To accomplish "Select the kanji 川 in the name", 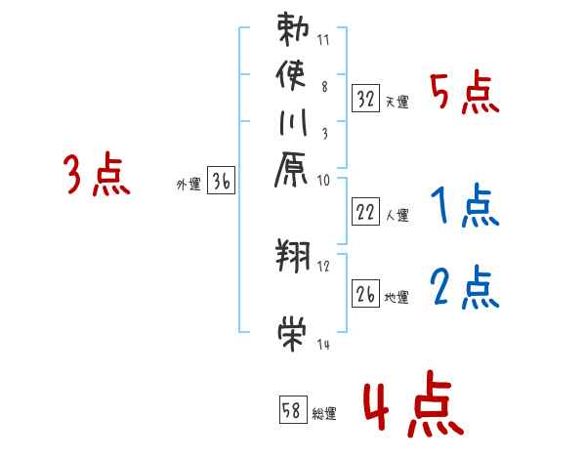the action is tap(293, 123).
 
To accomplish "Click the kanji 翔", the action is tap(293, 257).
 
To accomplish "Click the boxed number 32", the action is tap(366, 99).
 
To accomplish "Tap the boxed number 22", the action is tap(366, 213).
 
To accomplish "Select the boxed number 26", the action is tap(366, 292).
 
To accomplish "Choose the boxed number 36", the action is tap(222, 180).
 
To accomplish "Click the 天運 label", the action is tap(397, 102).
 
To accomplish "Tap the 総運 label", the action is tap(324, 413).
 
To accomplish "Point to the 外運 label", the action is tap(188, 183).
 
